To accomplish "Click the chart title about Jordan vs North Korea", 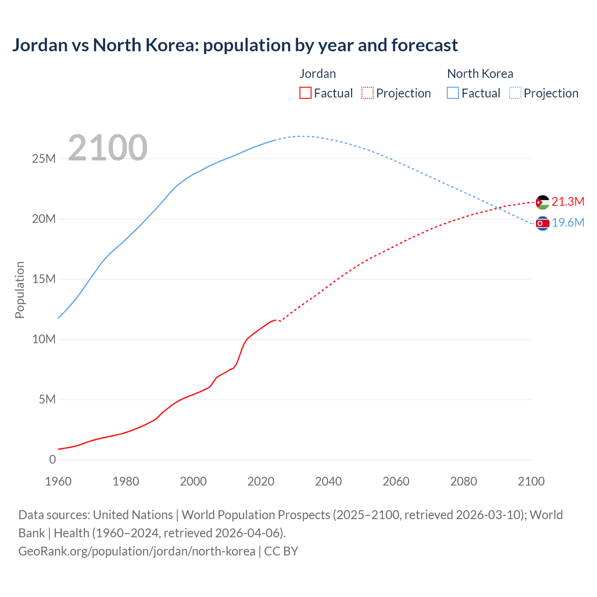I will pos(235,45).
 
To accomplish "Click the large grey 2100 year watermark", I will pos(108,148).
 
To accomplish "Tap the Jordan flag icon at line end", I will pos(542,202).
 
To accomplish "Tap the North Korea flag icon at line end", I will pos(542,224).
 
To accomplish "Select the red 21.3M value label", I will pos(568,201).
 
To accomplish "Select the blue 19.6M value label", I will pos(568,222).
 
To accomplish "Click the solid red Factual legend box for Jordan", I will pos(305,93).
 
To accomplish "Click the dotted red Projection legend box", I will pos(368,93).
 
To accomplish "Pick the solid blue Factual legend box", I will pos(453,93).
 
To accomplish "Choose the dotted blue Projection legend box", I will pos(515,93).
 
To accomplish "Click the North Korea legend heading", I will pos(480,74).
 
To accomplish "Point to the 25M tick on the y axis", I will pos(44,159).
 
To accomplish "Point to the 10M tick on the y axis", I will pos(44,339).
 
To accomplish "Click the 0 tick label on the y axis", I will pos(52,459).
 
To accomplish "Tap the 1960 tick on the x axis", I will pos(58,481).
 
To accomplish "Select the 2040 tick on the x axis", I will pos(328,481).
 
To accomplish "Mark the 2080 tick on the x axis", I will pos(464,481).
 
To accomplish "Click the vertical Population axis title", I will pos(20,290).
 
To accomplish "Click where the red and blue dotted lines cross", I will pos(500,208).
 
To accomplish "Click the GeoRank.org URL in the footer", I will pos(137,551).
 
